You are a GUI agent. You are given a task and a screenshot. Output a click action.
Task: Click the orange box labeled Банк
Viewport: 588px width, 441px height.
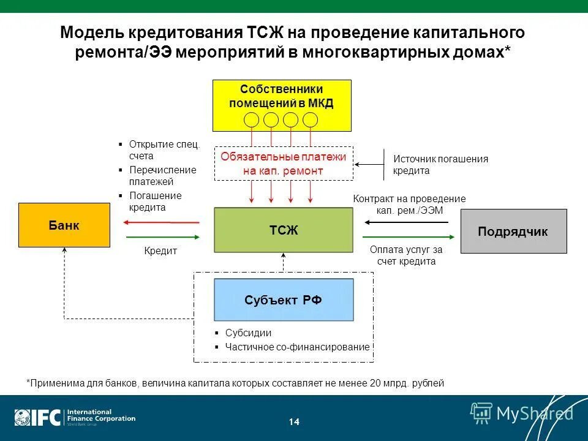64,225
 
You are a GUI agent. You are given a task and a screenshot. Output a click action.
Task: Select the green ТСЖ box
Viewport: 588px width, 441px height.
283,230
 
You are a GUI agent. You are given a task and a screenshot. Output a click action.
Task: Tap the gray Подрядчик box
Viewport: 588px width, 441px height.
513,232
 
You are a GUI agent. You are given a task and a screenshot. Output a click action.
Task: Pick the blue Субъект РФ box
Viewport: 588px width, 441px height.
283,300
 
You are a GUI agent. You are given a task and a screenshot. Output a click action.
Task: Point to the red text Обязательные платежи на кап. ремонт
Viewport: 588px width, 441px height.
283,164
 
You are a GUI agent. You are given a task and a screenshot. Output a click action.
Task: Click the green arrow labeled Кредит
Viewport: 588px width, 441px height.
162,238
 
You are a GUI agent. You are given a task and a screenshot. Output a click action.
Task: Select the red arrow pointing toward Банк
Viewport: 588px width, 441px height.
162,222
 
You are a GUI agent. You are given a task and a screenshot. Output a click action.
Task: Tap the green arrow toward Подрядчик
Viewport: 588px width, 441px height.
409,238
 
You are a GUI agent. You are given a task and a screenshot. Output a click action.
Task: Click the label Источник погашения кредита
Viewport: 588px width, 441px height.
440,165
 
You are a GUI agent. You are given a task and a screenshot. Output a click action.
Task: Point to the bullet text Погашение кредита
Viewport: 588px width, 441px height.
155,202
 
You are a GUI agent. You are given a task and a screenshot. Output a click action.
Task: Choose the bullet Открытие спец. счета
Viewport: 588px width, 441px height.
164,150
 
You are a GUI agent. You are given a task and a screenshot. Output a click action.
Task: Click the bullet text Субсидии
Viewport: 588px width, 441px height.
248,333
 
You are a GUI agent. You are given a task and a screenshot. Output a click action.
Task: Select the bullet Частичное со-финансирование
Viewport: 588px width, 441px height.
297,347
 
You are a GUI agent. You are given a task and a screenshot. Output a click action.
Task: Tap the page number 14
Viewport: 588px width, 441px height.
294,422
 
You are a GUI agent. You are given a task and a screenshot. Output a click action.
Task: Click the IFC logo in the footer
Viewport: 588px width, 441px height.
38,417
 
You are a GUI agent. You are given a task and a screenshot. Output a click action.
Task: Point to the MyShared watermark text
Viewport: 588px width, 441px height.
535,413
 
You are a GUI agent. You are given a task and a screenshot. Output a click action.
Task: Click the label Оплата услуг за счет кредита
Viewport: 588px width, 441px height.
406,255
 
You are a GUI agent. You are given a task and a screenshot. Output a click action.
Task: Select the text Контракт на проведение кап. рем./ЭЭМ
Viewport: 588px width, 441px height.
409,205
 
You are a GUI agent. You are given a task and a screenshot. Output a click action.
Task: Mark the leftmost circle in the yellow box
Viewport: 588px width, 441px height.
252,119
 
